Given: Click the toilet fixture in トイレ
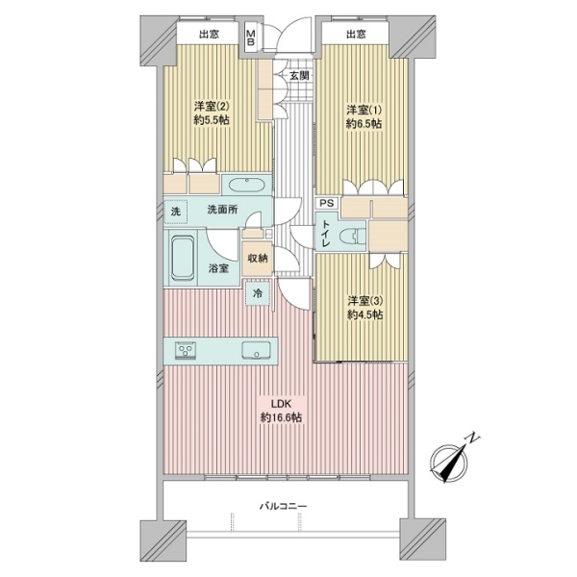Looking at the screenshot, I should coord(358,234).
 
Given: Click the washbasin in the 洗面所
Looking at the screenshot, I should coord(249,185).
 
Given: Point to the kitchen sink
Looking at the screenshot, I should coord(256,350).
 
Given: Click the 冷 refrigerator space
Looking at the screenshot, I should coord(257,293).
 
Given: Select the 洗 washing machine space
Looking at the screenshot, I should coord(175,211).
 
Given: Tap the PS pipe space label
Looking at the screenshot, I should coord(327,204).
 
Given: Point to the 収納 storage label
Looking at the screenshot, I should coord(257,258).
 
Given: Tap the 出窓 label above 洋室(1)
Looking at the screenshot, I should coord(356,36).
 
